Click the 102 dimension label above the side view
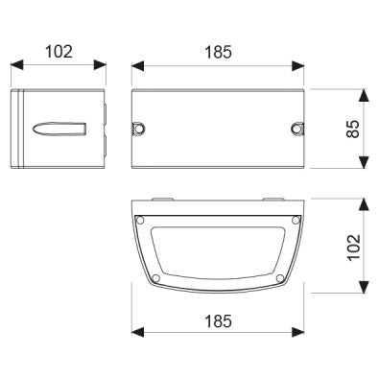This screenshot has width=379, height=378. click(59, 52)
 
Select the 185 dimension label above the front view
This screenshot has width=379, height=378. click(218, 52)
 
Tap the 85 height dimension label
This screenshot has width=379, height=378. click(353, 129)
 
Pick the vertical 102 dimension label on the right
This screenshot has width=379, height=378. click(354, 248)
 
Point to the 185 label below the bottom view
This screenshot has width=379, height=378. click(218, 321)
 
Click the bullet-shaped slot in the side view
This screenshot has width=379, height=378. click(59, 129)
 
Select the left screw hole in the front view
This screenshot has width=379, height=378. click(139, 129)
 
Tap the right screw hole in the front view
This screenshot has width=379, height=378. click(296, 129)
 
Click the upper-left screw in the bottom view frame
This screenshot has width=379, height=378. click(140, 221)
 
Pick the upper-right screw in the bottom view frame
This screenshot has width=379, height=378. click(296, 220)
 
